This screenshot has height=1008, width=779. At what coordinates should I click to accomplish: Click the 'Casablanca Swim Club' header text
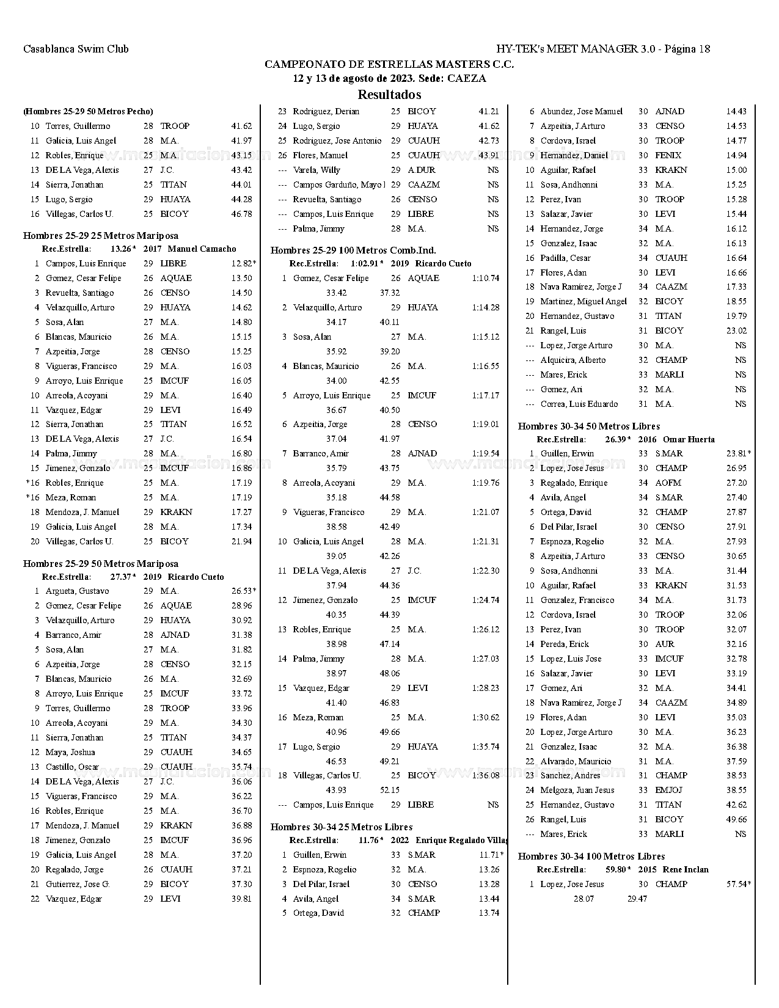tap(76, 49)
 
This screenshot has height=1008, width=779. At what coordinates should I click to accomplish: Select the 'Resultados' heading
tap(389, 95)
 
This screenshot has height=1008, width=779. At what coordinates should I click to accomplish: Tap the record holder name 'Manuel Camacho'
tap(202, 249)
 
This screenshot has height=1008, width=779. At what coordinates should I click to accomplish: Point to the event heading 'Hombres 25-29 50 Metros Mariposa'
tap(101, 563)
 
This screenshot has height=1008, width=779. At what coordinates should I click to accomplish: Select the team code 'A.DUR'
tap(421, 170)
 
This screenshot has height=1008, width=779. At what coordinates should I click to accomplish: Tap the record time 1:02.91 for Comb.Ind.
tap(365, 263)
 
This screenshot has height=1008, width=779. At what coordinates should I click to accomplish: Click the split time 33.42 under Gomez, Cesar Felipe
tap(337, 293)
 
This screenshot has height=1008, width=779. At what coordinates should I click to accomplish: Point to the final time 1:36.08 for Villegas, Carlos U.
tap(485, 775)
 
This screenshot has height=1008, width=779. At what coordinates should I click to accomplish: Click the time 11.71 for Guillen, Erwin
tap(489, 855)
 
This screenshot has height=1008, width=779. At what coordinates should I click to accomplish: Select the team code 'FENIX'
tap(668, 155)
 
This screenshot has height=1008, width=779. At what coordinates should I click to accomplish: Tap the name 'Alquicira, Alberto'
tap(573, 360)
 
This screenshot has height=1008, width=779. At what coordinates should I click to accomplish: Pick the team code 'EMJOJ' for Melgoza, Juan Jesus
tap(668, 790)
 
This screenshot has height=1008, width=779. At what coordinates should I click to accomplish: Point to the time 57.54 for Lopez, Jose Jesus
tap(737, 884)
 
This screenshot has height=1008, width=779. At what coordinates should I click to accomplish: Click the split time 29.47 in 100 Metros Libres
tap(637, 899)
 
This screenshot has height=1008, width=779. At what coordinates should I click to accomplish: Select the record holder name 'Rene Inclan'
tap(686, 869)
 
